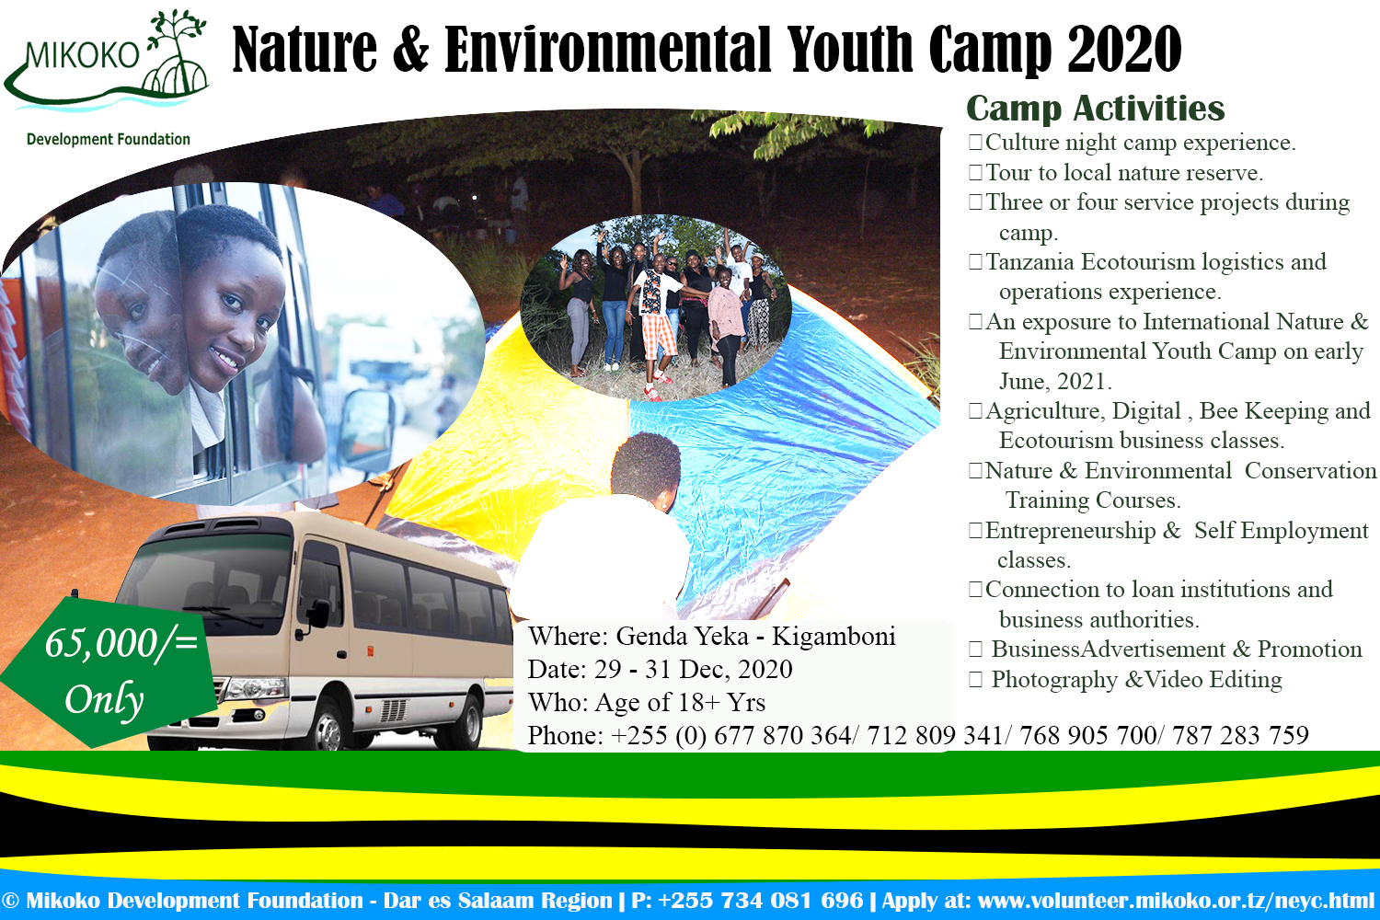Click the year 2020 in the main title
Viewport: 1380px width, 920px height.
1124,51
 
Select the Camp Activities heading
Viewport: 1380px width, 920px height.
1096,109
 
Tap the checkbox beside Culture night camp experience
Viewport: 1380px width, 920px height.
975,143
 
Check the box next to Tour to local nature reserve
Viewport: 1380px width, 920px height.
975,173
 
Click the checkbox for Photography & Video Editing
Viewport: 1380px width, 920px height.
975,680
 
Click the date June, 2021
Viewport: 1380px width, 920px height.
1054,382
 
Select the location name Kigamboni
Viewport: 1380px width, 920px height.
834,637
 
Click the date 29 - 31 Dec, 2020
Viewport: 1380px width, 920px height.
693,670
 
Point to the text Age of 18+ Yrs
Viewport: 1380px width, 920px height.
680,703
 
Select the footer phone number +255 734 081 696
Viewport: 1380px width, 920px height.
760,901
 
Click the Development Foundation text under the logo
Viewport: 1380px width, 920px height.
109,140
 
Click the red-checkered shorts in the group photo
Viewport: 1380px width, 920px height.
658,336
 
